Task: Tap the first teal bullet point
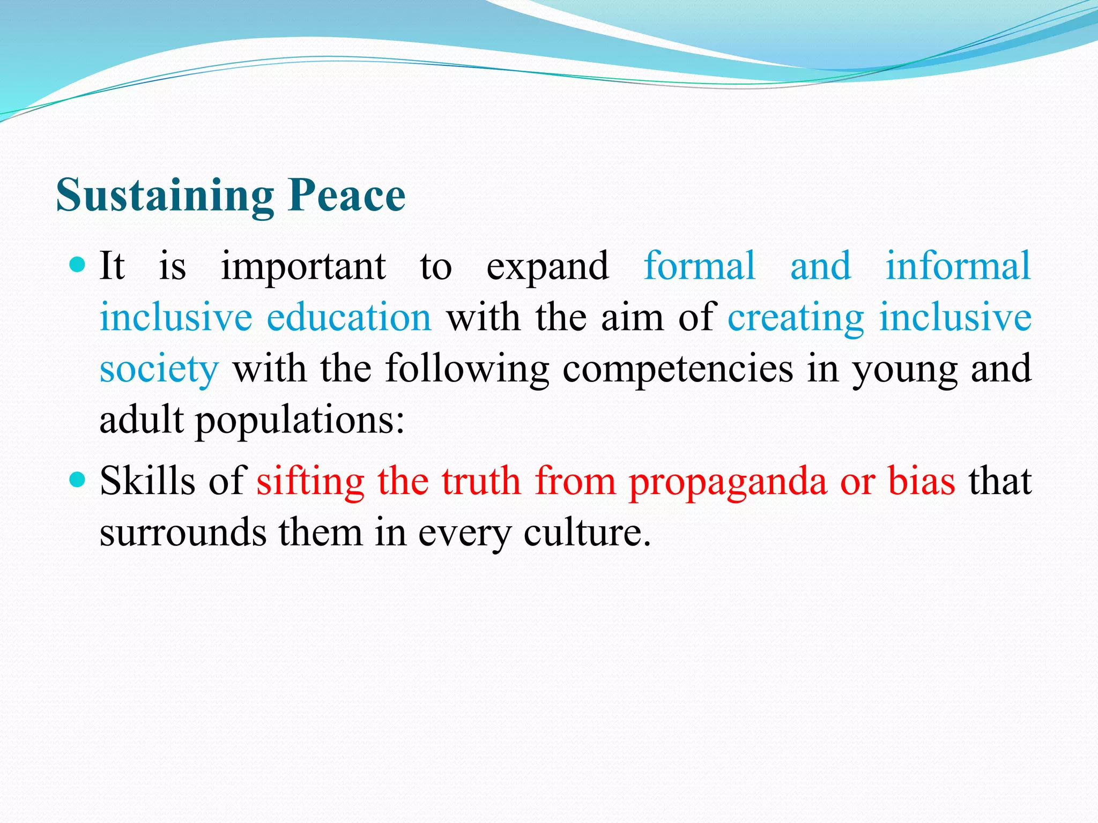point(78,265)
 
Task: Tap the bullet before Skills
point(78,479)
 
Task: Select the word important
point(303,267)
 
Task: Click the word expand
point(547,267)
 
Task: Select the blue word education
point(349,317)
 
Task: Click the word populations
point(300,421)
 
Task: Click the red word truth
point(481,481)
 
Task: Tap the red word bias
point(922,481)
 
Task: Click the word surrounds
point(183,533)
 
